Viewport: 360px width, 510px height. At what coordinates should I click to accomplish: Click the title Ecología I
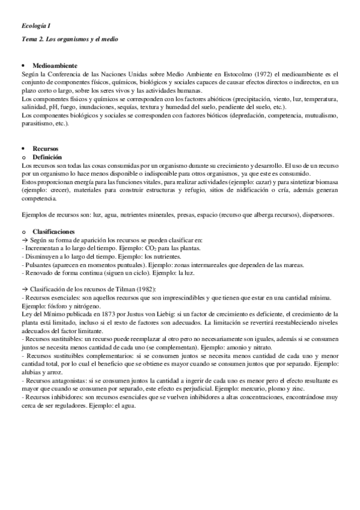click(x=34, y=25)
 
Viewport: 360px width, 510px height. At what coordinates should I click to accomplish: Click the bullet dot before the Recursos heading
click(x=23, y=148)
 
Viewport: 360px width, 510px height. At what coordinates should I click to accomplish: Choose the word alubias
click(x=32, y=372)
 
